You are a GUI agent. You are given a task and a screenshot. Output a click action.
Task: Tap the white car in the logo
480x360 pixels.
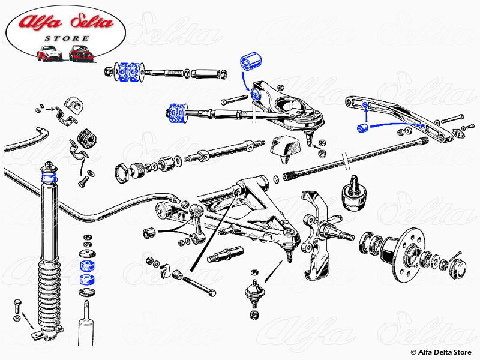click(50, 53)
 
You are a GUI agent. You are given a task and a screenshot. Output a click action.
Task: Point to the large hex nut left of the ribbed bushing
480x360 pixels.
click(124, 172)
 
